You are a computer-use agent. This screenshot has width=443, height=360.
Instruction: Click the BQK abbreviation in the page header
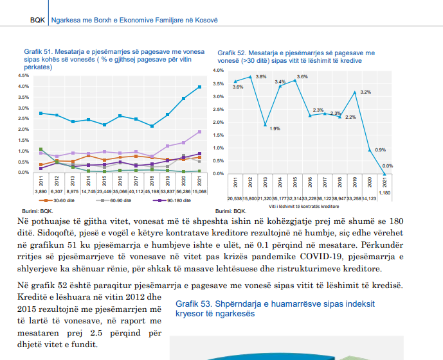tap(37, 21)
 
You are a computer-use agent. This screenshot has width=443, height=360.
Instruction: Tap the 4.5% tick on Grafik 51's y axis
tap(23, 76)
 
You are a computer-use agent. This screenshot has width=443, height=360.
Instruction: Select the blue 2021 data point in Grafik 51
tap(199, 87)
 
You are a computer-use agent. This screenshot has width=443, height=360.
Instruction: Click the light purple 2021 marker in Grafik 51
tap(199, 132)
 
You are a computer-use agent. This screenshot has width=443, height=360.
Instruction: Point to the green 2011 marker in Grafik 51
tap(41, 149)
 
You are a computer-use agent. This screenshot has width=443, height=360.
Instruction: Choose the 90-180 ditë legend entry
tap(172, 200)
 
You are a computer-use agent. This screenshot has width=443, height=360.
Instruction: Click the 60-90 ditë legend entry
tap(114, 200)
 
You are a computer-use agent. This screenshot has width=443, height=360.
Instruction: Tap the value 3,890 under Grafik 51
tap(41, 192)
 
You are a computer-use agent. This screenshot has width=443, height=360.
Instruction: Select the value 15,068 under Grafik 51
tap(199, 192)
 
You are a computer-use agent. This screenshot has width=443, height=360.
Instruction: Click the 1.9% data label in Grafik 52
tap(275, 129)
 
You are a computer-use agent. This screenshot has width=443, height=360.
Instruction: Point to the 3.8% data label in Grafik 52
tap(261, 76)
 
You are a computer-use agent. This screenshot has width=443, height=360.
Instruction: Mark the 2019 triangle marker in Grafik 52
tap(354, 92)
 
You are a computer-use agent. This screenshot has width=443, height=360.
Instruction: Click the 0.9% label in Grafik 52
tap(380, 150)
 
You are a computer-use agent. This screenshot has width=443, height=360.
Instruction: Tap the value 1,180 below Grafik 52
tap(384, 193)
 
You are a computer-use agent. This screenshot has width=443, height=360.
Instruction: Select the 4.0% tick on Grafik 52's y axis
tap(219, 70)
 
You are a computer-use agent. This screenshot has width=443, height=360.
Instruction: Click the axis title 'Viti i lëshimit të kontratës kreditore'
tap(303, 207)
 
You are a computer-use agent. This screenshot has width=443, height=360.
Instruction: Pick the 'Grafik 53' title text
tap(275, 309)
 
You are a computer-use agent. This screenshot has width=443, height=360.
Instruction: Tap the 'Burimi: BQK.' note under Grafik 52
tap(231, 211)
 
